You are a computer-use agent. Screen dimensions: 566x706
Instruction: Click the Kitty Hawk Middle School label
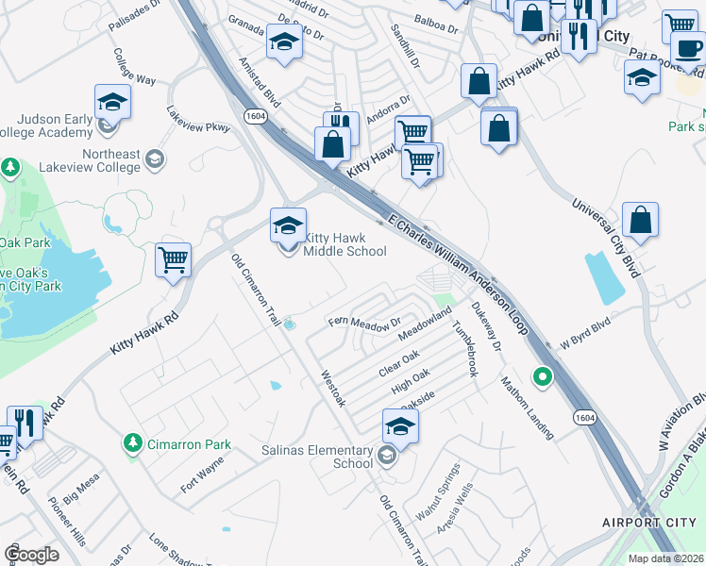pyautogui.click(x=344, y=245)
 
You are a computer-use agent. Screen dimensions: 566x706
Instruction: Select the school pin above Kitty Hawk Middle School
pyautogui.click(x=288, y=226)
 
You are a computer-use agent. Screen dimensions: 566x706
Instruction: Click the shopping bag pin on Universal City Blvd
pyautogui.click(x=640, y=221)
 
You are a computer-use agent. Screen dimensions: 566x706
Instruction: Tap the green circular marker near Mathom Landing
pyautogui.click(x=542, y=378)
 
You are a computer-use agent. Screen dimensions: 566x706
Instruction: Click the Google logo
pyautogui.click(x=32, y=554)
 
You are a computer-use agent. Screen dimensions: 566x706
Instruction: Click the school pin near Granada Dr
pyautogui.click(x=283, y=42)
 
